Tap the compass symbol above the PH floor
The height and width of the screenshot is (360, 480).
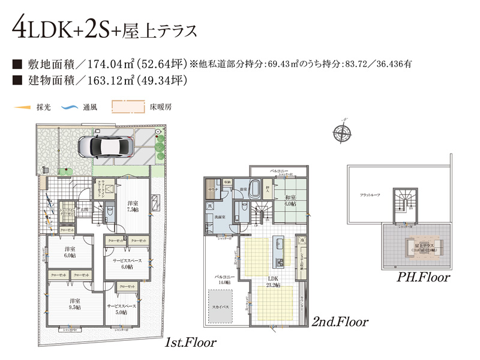pos(342,133)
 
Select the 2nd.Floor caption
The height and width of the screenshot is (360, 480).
pos(340,322)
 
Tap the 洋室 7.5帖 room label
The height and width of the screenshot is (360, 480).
pos(133,207)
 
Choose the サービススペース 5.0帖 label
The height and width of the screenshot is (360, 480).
pos(121,309)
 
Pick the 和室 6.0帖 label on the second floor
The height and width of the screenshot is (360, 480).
pos(290,200)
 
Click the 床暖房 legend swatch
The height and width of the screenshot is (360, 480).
pos(128,107)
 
